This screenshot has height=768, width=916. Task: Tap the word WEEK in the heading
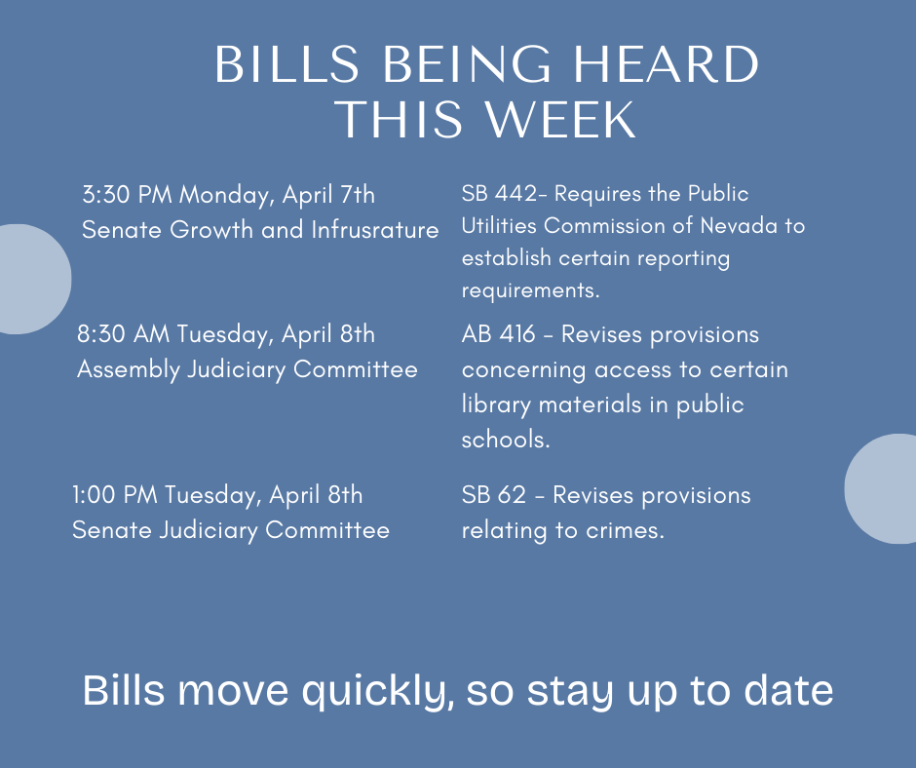pyautogui.click(x=561, y=119)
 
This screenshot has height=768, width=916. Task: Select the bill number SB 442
pyautogui.click(x=499, y=193)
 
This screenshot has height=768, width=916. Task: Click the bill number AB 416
pyautogui.click(x=498, y=334)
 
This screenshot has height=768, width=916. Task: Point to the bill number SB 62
pyautogui.click(x=494, y=495)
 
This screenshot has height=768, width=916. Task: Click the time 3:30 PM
pyautogui.click(x=127, y=195)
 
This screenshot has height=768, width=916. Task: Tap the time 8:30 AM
pyautogui.click(x=123, y=334)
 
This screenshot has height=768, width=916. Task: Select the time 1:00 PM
pyautogui.click(x=115, y=495)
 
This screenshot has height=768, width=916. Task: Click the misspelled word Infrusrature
pyautogui.click(x=374, y=230)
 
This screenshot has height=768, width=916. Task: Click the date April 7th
pyautogui.click(x=328, y=196)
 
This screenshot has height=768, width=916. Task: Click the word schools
pyautogui.click(x=506, y=440)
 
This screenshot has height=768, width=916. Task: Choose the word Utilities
pyautogui.click(x=499, y=225)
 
